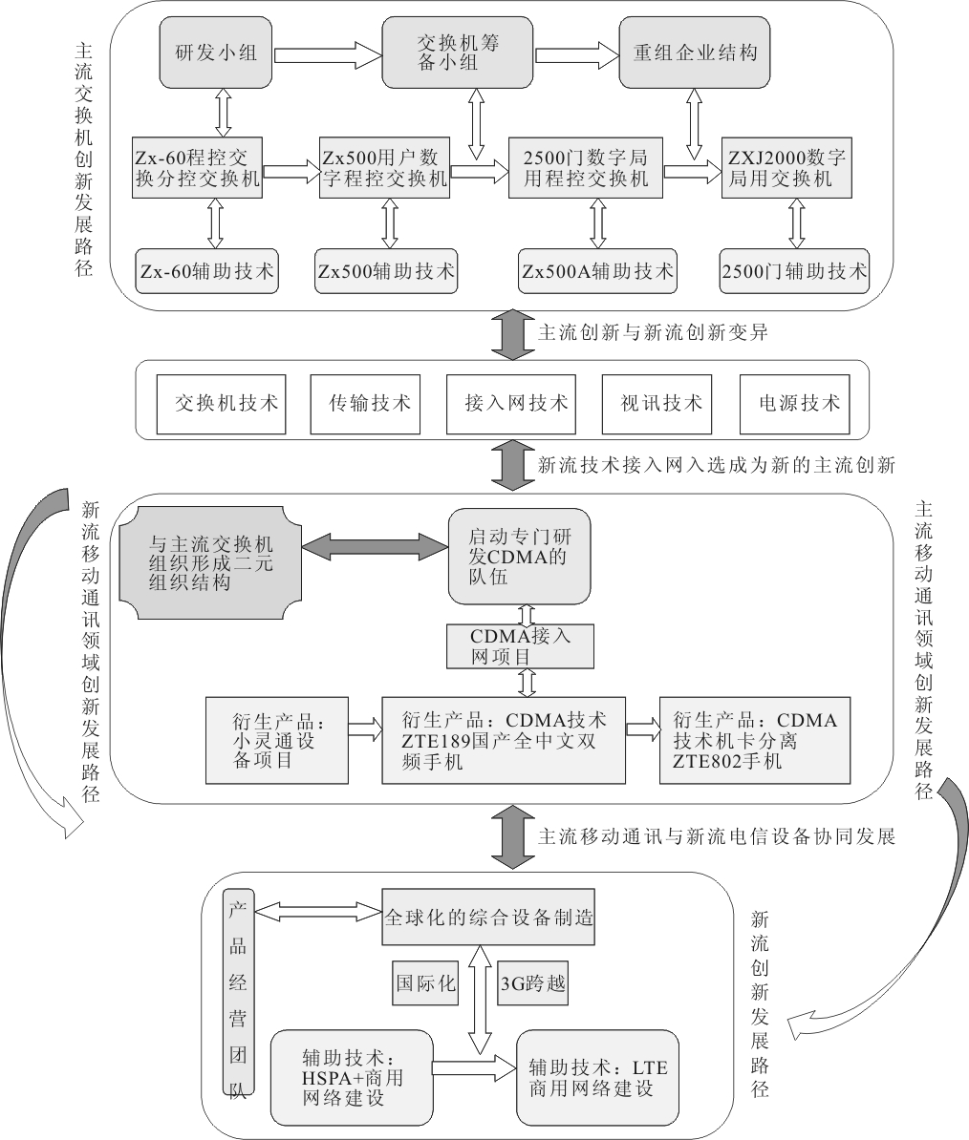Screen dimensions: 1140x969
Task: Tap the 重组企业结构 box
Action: point(695,53)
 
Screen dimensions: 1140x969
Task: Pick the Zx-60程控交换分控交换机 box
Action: point(198,168)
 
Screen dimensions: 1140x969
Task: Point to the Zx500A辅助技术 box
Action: point(597,270)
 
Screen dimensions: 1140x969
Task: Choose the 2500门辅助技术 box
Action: point(794,270)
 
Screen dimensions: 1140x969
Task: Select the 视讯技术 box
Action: point(660,402)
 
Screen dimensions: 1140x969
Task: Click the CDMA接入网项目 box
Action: point(520,646)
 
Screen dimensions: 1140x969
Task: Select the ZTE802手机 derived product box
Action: point(754,740)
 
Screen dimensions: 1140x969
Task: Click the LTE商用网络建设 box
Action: point(597,1077)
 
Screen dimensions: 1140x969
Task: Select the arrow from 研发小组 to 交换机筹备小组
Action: point(328,53)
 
